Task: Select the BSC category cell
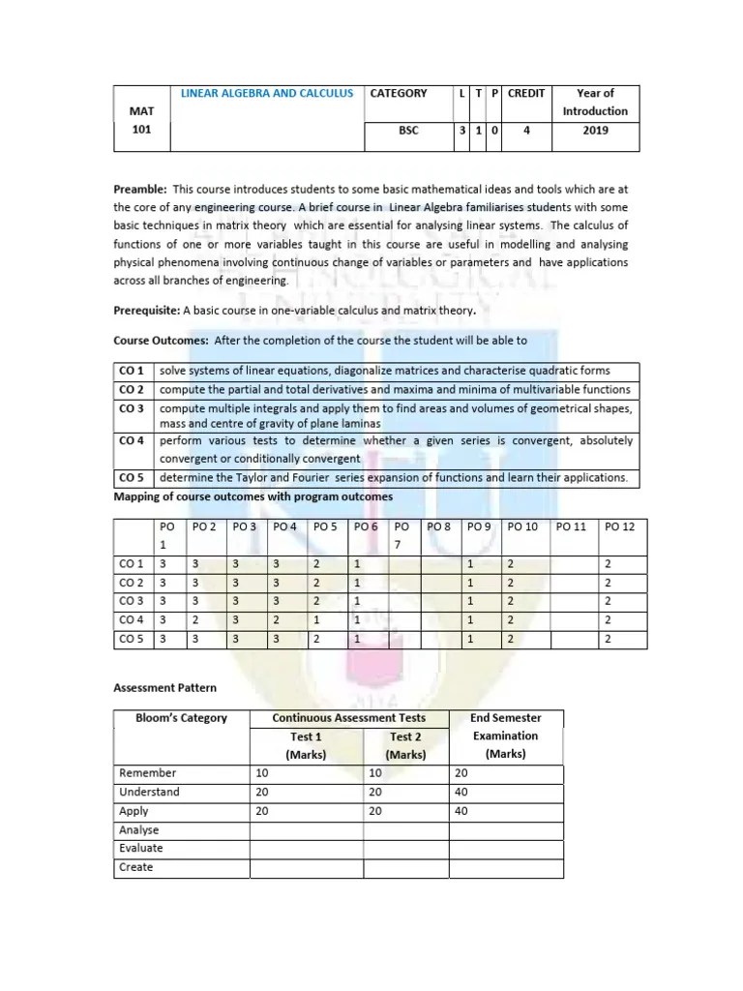(408, 131)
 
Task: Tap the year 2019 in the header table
(595, 131)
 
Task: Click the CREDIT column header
(526, 94)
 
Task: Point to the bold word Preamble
(140, 190)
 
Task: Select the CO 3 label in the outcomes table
(132, 409)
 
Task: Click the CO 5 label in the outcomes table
(132, 478)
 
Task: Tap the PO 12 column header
(619, 527)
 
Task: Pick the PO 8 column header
(439, 527)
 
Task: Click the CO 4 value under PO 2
(195, 619)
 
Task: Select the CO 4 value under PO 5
(314, 619)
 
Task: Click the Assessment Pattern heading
(165, 688)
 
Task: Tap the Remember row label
(147, 774)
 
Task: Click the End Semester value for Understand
(461, 793)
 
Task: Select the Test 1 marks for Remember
(261, 774)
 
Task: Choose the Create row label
(135, 867)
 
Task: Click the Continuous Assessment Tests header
(348, 718)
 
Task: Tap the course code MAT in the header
(142, 111)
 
